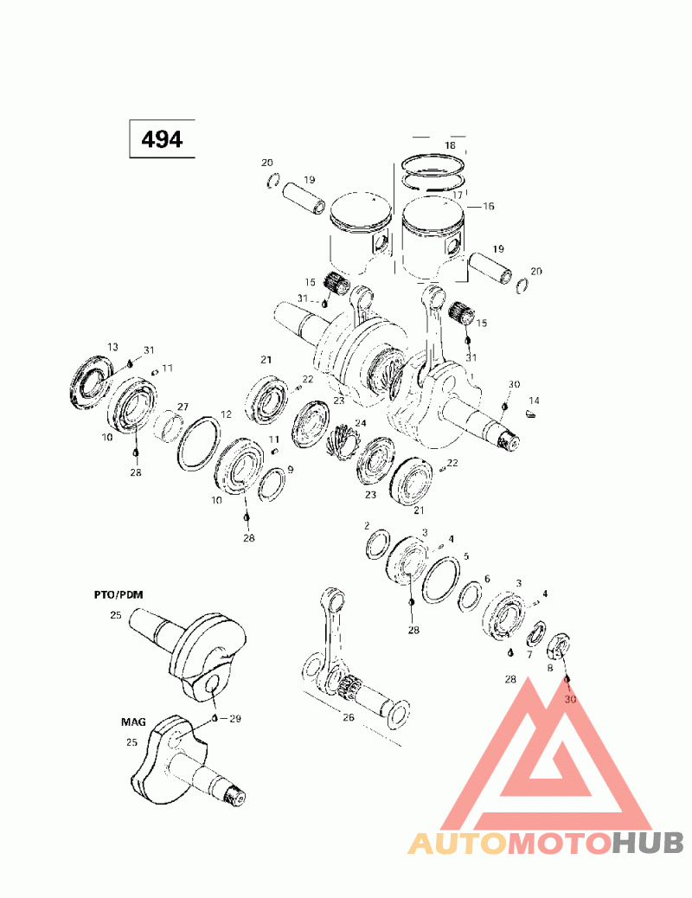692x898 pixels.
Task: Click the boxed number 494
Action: coord(162,138)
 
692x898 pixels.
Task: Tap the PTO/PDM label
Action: coord(119,594)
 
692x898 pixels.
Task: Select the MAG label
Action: coord(133,722)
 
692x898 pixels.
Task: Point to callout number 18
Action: coord(451,144)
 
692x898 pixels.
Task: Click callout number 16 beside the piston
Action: coord(488,206)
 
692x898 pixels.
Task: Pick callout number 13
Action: coord(112,347)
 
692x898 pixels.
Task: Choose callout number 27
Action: coord(183,407)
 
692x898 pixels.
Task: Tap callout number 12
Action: coord(227,414)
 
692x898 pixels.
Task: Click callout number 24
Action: coord(361,423)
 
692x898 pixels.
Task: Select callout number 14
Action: coord(534,401)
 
